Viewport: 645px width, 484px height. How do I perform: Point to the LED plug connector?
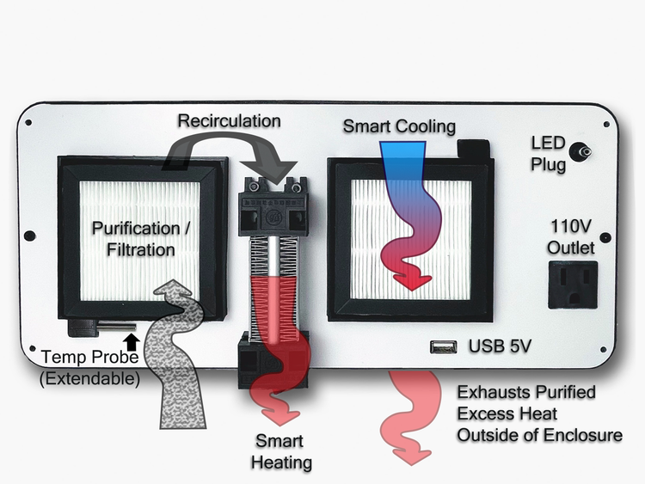(x=587, y=152)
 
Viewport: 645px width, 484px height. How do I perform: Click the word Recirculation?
(x=229, y=120)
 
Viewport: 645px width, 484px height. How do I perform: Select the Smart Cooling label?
(x=399, y=126)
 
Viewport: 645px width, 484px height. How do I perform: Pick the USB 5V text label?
(x=500, y=347)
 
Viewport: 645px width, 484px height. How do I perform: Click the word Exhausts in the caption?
(x=488, y=392)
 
